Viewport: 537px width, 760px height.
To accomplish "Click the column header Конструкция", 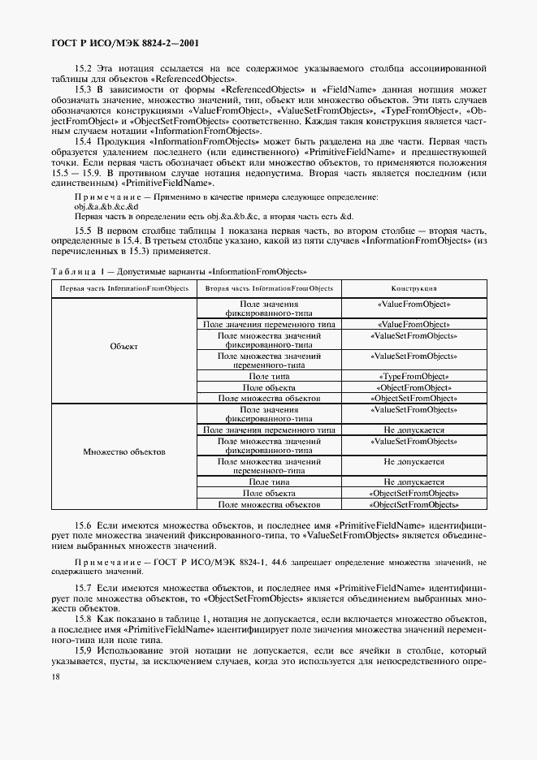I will [x=414, y=288].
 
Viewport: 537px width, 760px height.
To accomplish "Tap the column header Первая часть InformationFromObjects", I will [x=123, y=288].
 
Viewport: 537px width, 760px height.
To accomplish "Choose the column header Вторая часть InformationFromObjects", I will [x=269, y=288].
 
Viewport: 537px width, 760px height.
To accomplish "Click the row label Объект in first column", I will [x=123, y=347].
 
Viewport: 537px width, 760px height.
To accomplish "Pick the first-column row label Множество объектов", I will [x=123, y=451].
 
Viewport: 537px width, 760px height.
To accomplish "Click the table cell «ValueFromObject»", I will [x=414, y=304].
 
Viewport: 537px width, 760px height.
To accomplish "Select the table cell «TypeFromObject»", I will [x=414, y=377].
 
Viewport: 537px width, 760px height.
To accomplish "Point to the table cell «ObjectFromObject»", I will [x=414, y=387].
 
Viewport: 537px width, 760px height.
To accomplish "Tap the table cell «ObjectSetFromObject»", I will [x=414, y=399].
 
